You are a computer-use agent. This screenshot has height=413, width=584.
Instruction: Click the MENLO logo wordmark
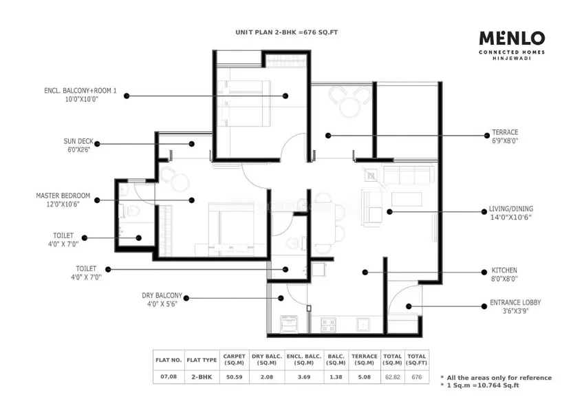[512, 38]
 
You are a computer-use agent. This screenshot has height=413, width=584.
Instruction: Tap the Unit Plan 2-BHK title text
[286, 32]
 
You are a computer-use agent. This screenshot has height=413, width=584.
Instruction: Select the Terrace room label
[505, 136]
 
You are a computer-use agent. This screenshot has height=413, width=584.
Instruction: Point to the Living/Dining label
[510, 213]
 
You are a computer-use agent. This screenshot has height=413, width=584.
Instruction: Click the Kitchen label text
[504, 275]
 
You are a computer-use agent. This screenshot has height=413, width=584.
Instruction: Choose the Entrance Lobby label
[515, 307]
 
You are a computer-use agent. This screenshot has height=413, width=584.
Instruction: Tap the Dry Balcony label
[162, 299]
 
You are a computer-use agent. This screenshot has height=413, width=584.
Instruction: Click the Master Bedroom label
[63, 200]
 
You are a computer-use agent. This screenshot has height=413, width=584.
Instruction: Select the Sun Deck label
[78, 145]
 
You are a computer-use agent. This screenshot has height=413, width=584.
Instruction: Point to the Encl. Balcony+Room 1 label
[80, 95]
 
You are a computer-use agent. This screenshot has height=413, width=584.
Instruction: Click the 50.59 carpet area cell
[235, 377]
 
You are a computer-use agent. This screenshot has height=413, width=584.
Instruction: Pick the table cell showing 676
[417, 377]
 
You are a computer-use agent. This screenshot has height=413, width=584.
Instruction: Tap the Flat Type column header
[202, 360]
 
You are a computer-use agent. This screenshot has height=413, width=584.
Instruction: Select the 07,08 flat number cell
[169, 377]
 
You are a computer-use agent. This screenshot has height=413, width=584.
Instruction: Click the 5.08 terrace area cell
[365, 377]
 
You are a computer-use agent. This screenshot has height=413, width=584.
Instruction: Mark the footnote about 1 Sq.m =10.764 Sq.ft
[479, 385]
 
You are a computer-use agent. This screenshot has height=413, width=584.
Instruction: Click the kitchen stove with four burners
[329, 325]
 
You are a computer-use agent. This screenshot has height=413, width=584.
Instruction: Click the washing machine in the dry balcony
[289, 324]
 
